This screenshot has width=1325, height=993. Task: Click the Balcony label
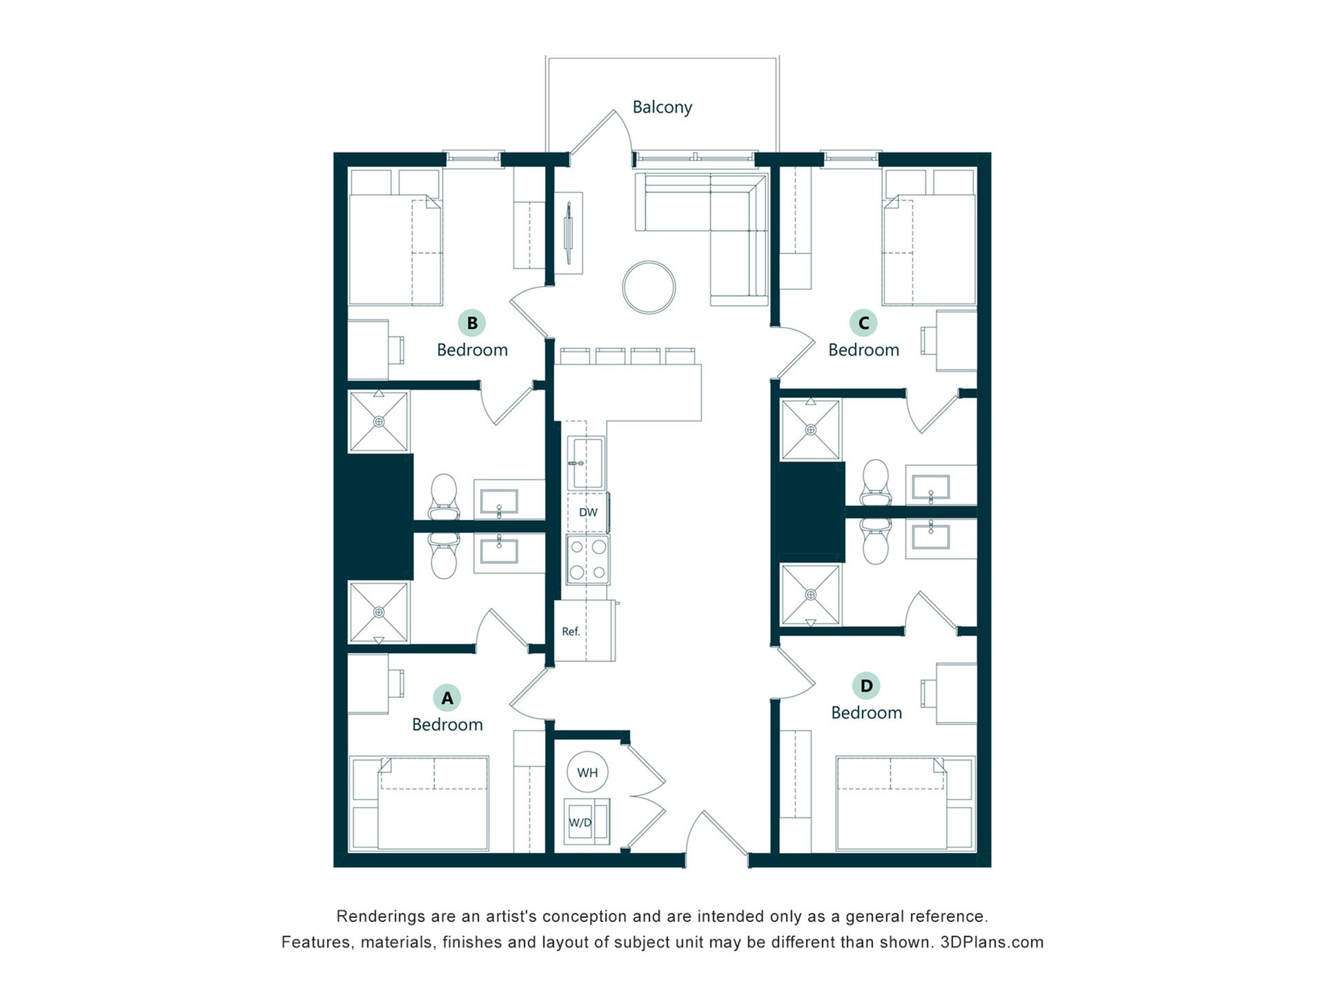pyautogui.click(x=662, y=107)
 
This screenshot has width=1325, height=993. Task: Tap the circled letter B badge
pyautogui.click(x=472, y=323)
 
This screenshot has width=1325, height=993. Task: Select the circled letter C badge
pyautogui.click(x=863, y=323)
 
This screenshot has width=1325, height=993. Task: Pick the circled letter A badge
pyautogui.click(x=447, y=698)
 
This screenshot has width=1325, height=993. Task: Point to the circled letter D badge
pyautogui.click(x=866, y=685)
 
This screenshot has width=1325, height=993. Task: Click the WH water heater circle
pyautogui.click(x=587, y=772)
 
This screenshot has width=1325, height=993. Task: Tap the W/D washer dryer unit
pyautogui.click(x=587, y=821)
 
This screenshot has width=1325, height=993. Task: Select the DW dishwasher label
pyautogui.click(x=588, y=512)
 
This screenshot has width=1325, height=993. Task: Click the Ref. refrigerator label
pyautogui.click(x=571, y=631)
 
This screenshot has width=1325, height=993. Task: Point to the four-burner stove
pyautogui.click(x=588, y=559)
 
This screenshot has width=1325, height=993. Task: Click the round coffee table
pyautogui.click(x=649, y=288)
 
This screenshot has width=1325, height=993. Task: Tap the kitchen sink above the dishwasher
pyautogui.click(x=587, y=463)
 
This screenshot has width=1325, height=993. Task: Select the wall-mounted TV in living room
pyautogui.click(x=569, y=232)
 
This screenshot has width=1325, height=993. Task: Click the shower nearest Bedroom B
pyautogui.click(x=379, y=421)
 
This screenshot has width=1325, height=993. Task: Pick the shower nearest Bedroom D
pyautogui.click(x=811, y=594)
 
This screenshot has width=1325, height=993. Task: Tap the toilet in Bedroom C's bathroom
pyautogui.click(x=876, y=482)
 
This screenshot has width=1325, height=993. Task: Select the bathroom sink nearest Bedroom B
pyautogui.click(x=499, y=501)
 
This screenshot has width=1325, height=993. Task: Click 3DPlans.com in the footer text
pyautogui.click(x=992, y=942)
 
